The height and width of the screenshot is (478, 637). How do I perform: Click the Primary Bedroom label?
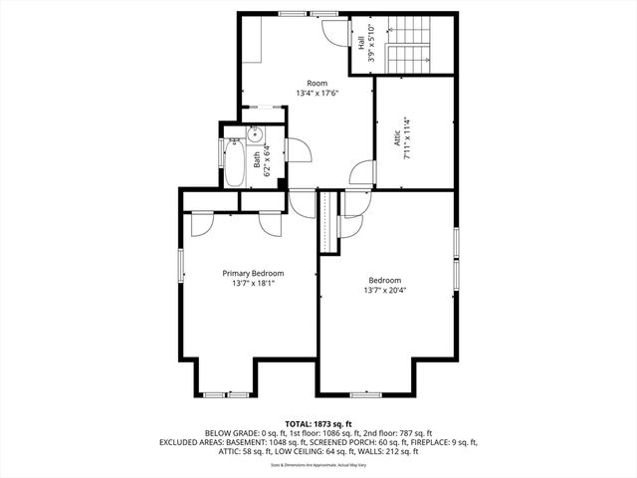pyautogui.click(x=253, y=274)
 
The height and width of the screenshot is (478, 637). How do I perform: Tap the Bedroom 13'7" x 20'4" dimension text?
pyautogui.click(x=384, y=291)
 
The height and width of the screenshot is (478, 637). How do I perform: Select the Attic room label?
pyautogui.click(x=395, y=138)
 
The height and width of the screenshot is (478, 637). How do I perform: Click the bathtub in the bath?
pyautogui.click(x=235, y=164)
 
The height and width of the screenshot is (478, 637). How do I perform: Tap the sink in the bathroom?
pyautogui.click(x=254, y=132)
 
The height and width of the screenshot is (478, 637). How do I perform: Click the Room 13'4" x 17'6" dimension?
pyautogui.click(x=317, y=94)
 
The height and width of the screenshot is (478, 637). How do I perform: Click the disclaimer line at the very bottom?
pyautogui.click(x=318, y=464)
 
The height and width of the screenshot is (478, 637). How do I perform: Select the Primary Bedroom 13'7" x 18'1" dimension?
pyautogui.click(x=253, y=284)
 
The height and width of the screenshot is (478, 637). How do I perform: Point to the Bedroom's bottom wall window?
pyautogui.click(x=365, y=394)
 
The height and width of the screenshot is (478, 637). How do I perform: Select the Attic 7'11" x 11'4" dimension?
pyautogui.click(x=406, y=138)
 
